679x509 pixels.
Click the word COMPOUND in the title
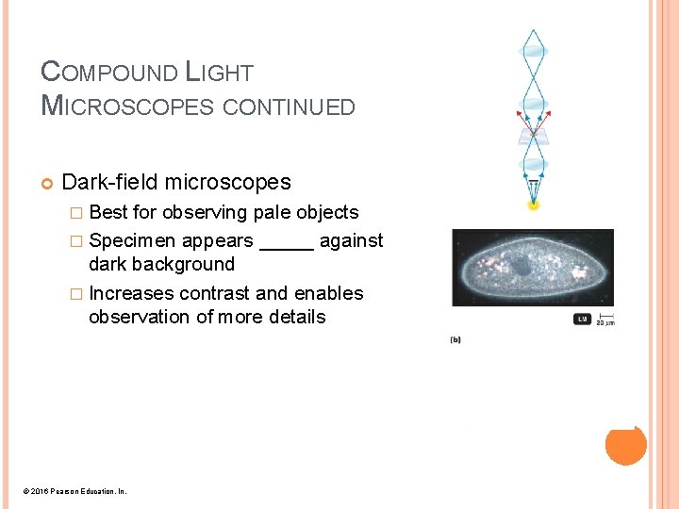(x=109, y=72)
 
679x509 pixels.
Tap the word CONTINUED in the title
(x=289, y=107)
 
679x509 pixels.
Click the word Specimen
(x=133, y=240)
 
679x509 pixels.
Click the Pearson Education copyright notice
(x=76, y=491)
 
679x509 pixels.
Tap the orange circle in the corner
(x=625, y=445)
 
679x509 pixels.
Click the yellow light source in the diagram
(x=535, y=204)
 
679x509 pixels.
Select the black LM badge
(x=583, y=320)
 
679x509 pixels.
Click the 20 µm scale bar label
(x=604, y=322)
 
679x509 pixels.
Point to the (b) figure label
(x=455, y=339)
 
